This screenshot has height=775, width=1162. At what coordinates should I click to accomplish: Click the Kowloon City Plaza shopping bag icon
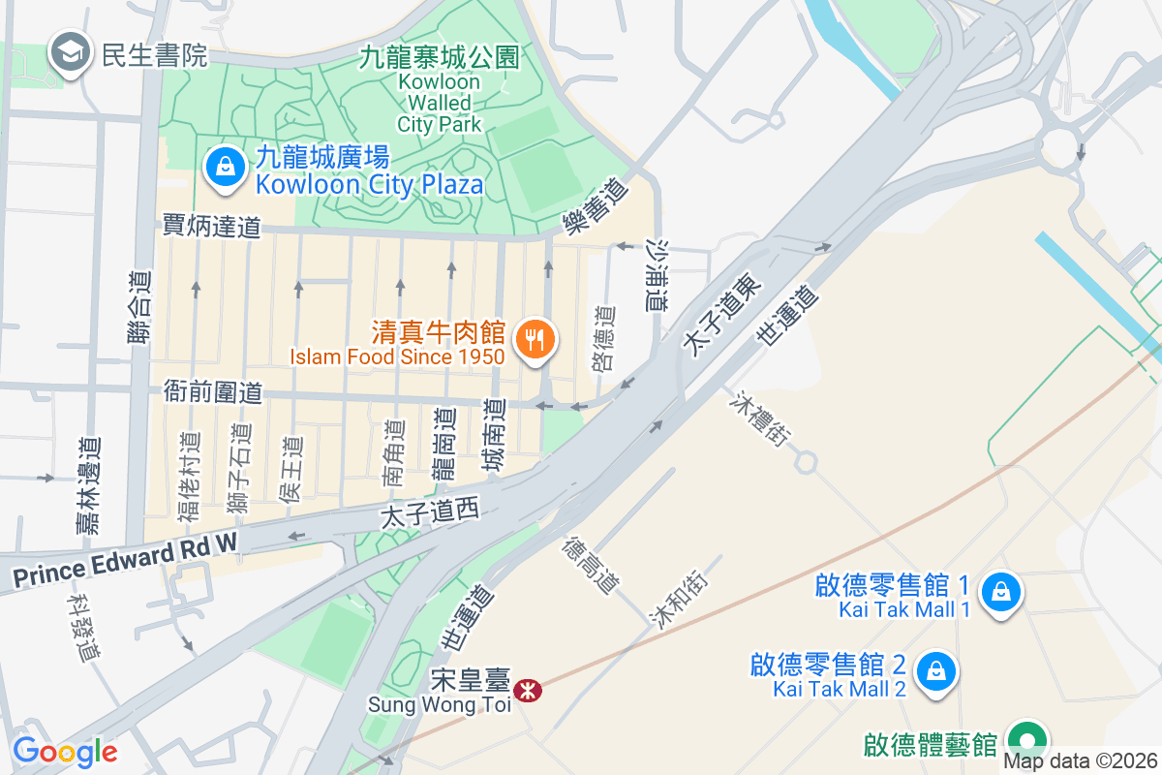(225, 167)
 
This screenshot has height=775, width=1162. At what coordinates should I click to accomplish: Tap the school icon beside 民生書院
(71, 54)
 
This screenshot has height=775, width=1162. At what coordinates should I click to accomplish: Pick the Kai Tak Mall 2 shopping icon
(936, 671)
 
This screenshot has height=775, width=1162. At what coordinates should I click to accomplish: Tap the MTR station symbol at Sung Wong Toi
(528, 691)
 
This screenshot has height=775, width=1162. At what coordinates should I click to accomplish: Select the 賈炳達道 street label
(212, 227)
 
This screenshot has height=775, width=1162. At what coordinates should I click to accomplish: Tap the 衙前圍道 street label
(213, 392)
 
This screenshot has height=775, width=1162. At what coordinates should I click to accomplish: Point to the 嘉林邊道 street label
(88, 484)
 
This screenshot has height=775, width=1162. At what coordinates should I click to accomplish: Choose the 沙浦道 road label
(657, 275)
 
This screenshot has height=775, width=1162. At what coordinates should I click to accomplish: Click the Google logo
(65, 752)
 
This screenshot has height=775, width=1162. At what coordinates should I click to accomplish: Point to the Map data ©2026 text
(1080, 761)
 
